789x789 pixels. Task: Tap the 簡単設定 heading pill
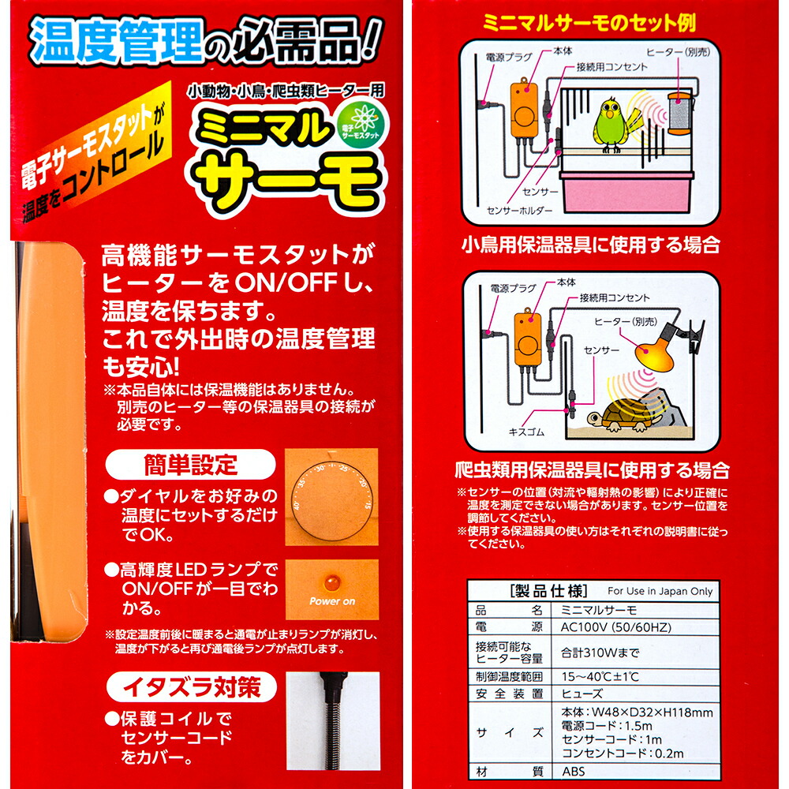point(192,465)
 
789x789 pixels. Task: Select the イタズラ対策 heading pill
point(192,687)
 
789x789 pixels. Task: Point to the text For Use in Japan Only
point(660,591)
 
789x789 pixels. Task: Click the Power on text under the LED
point(332,601)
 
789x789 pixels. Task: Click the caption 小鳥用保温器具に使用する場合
point(590,245)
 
